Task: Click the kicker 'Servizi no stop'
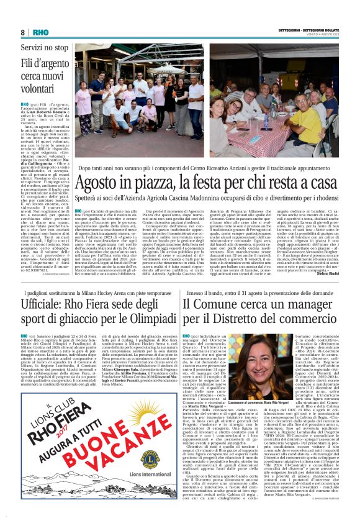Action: point(45,47)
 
